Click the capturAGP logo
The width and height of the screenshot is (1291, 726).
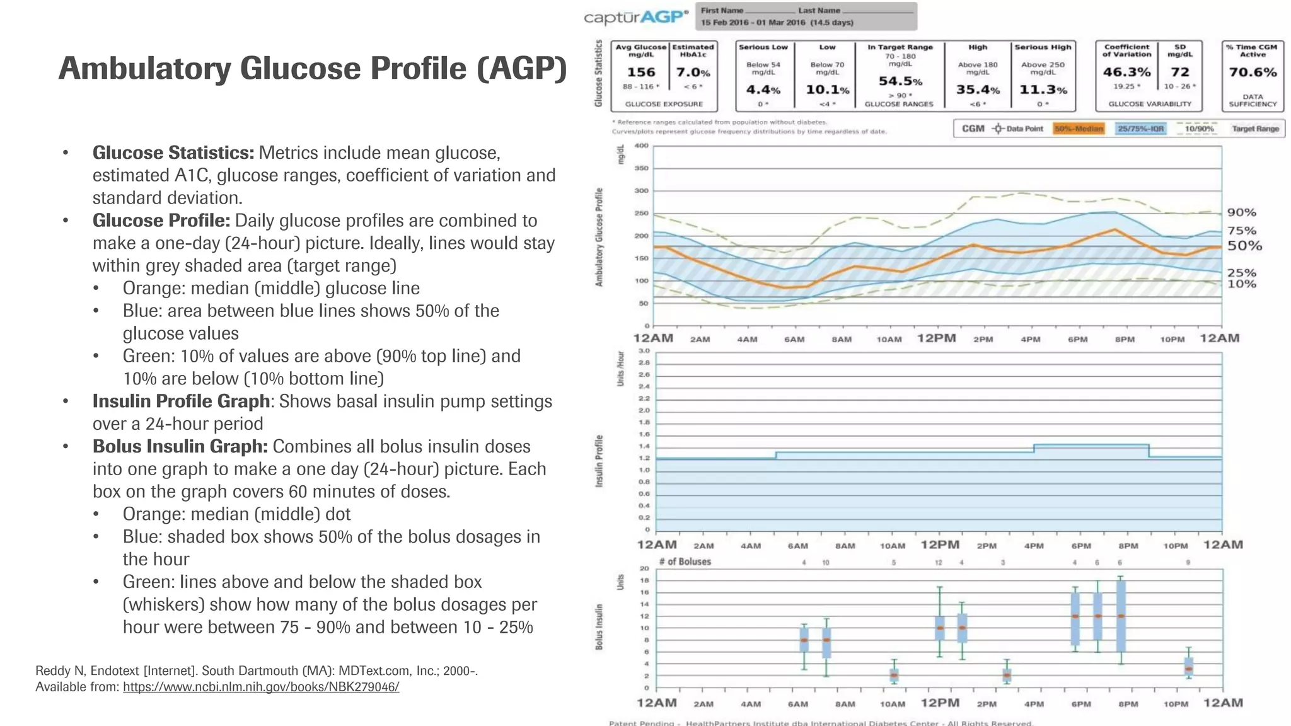(635, 17)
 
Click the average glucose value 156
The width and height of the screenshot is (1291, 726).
(640, 72)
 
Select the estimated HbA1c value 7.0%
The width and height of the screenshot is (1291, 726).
(693, 72)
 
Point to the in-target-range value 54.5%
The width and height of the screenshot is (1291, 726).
(900, 81)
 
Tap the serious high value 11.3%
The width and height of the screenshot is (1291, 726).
(1043, 90)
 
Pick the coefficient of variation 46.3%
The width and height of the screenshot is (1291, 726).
(1126, 72)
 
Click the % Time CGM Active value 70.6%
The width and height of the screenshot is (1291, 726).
(1253, 72)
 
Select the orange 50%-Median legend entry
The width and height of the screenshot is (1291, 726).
(1079, 129)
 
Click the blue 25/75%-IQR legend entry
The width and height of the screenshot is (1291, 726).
(1140, 129)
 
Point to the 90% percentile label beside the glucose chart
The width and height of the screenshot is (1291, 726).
(1241, 212)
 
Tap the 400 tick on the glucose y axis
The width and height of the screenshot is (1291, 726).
(641, 146)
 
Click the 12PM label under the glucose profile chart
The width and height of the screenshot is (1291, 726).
(936, 338)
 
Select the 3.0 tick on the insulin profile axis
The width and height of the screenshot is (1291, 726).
(644, 351)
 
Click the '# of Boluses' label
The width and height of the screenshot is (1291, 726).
(685, 562)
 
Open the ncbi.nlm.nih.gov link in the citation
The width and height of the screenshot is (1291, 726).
(261, 687)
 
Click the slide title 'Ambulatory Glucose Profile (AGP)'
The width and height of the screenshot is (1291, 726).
(313, 69)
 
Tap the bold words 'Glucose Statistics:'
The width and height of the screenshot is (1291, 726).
(173, 153)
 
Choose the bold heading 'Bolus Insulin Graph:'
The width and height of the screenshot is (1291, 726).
(180, 446)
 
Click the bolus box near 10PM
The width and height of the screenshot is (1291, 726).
(1188, 667)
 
